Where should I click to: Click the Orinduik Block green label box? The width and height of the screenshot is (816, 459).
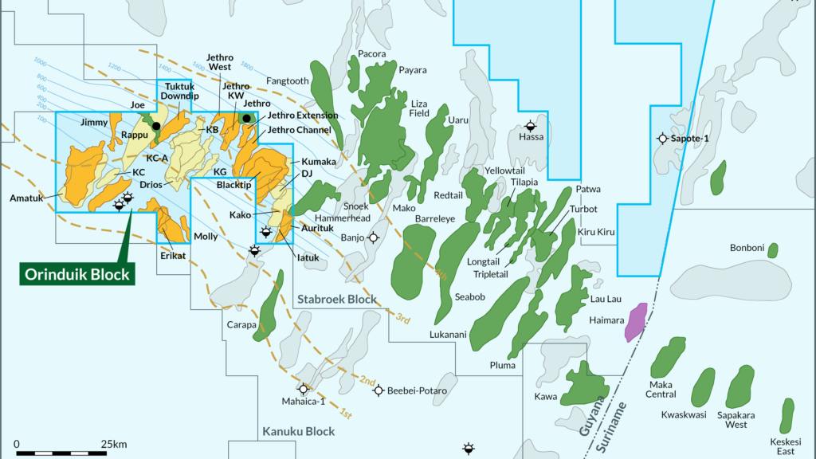(76, 273)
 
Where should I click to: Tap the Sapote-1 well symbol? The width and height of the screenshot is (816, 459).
(662, 138)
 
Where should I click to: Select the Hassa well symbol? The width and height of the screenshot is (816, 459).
(531, 125)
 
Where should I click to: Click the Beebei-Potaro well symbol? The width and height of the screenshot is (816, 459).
(379, 390)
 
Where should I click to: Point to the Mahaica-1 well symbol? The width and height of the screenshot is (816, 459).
(298, 390)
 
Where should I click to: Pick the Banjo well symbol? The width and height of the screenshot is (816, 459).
(372, 237)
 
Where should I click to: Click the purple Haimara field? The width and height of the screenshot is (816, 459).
(636, 322)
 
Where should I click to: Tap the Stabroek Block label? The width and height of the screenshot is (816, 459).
(337, 300)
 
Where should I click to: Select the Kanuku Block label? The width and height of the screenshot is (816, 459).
(298, 432)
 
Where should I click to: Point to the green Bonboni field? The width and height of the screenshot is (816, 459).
(772, 250)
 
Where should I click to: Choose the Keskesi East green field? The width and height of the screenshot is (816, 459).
(787, 415)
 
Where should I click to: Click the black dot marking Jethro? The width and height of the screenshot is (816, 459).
(247, 119)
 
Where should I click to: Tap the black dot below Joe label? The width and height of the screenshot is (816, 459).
(156, 126)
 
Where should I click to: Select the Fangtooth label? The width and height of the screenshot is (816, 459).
(287, 80)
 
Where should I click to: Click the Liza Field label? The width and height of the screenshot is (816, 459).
(419, 108)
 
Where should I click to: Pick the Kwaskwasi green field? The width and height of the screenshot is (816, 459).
(702, 387)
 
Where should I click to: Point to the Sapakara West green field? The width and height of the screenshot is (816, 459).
(739, 386)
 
